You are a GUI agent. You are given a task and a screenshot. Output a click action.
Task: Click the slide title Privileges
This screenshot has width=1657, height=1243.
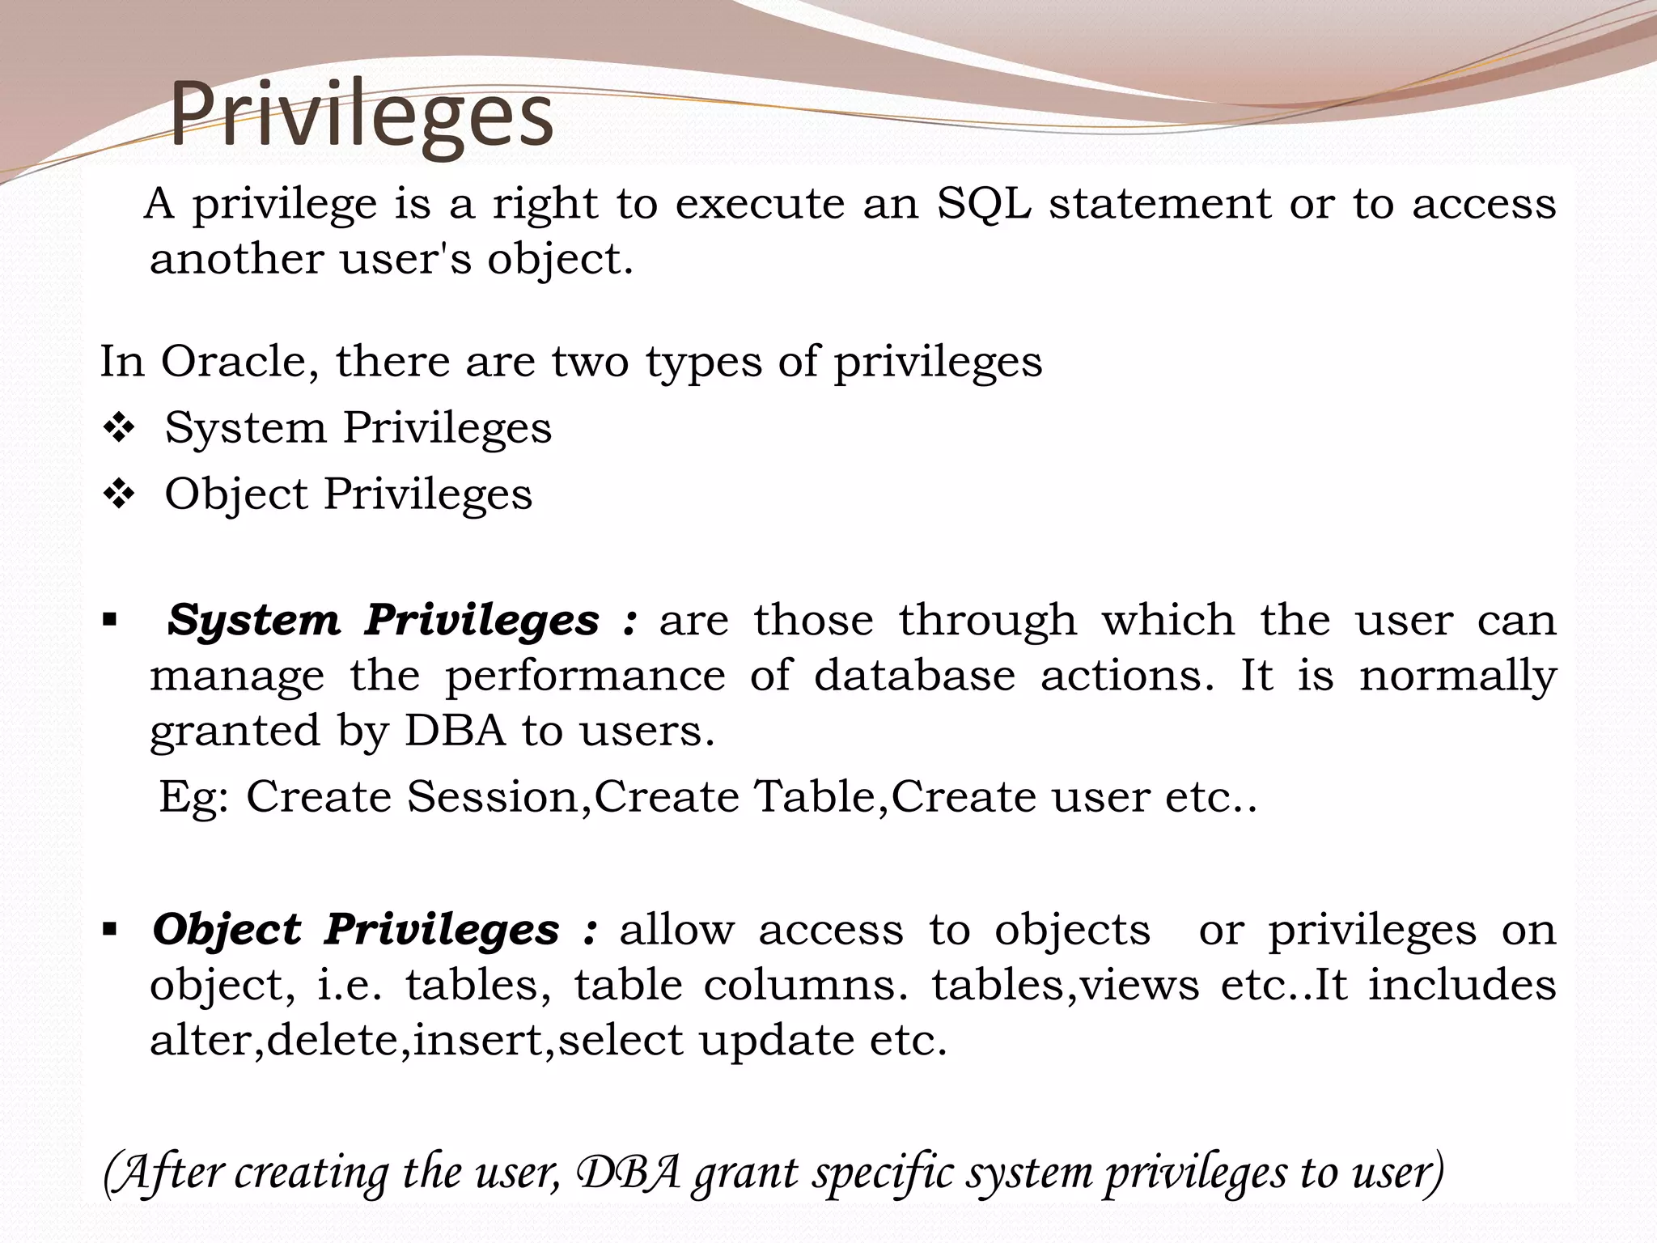point(361,116)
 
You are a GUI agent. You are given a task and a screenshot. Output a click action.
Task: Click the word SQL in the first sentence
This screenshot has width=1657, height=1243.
point(983,203)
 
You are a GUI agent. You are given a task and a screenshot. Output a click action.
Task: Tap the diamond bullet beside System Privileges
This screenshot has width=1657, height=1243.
point(119,428)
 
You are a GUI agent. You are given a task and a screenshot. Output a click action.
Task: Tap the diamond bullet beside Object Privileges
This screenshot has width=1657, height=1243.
point(119,494)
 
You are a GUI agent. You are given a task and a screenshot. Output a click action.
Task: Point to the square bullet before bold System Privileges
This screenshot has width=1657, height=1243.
point(110,621)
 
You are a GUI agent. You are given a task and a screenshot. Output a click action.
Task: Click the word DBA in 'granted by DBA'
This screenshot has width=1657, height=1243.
point(454,731)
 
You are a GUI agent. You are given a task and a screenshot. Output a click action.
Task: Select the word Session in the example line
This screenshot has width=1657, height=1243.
point(493,797)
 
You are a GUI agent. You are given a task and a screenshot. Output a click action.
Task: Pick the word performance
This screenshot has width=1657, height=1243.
point(585,677)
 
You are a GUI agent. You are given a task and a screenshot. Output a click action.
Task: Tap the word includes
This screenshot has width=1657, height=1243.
point(1462,985)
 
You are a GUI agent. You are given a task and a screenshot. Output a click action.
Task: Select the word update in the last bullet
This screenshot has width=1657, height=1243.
point(776,1041)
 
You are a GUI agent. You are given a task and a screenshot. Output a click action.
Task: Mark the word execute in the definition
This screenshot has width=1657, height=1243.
point(760,203)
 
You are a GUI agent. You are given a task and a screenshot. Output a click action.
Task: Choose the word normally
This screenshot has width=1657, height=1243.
point(1457,677)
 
